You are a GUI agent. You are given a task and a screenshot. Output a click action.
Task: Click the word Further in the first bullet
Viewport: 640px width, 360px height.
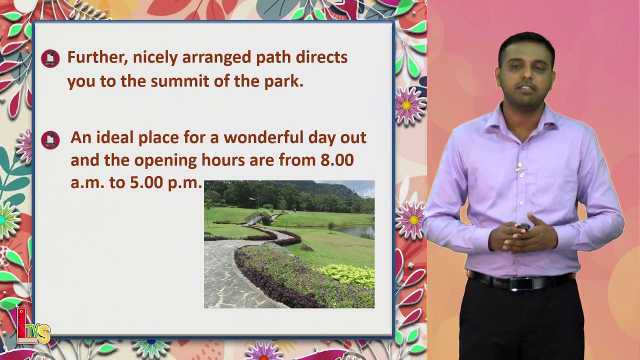click(97, 57)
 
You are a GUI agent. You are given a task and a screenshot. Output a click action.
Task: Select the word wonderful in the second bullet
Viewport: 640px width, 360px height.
click(263, 137)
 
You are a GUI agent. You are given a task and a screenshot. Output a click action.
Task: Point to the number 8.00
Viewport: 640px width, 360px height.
click(337, 159)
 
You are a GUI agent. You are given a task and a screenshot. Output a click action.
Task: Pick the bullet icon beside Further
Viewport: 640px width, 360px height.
click(50, 58)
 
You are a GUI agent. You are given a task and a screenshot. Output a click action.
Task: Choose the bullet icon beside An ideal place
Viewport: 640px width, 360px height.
click(50, 140)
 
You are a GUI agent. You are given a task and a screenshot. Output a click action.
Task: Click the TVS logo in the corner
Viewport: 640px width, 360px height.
click(33, 326)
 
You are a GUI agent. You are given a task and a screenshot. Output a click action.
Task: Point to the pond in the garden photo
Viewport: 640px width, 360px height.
click(355, 231)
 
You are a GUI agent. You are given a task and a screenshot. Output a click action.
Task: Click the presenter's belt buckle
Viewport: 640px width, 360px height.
click(522, 283)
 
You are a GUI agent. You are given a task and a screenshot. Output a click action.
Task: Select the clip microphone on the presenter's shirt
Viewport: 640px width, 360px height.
click(519, 167)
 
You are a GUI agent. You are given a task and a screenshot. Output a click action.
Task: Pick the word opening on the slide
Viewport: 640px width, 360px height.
click(165, 160)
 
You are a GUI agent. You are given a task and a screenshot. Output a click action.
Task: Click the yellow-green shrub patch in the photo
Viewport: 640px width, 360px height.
click(348, 274)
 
